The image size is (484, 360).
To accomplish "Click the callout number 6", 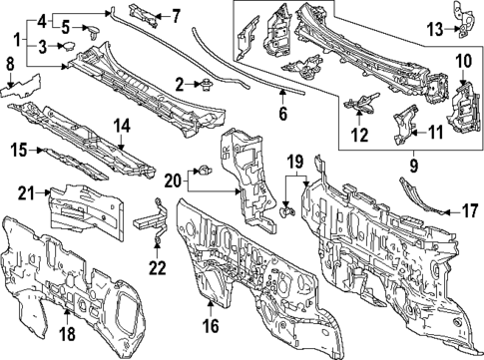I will coord(282,114).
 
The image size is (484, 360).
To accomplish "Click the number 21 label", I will coord(28,192).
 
